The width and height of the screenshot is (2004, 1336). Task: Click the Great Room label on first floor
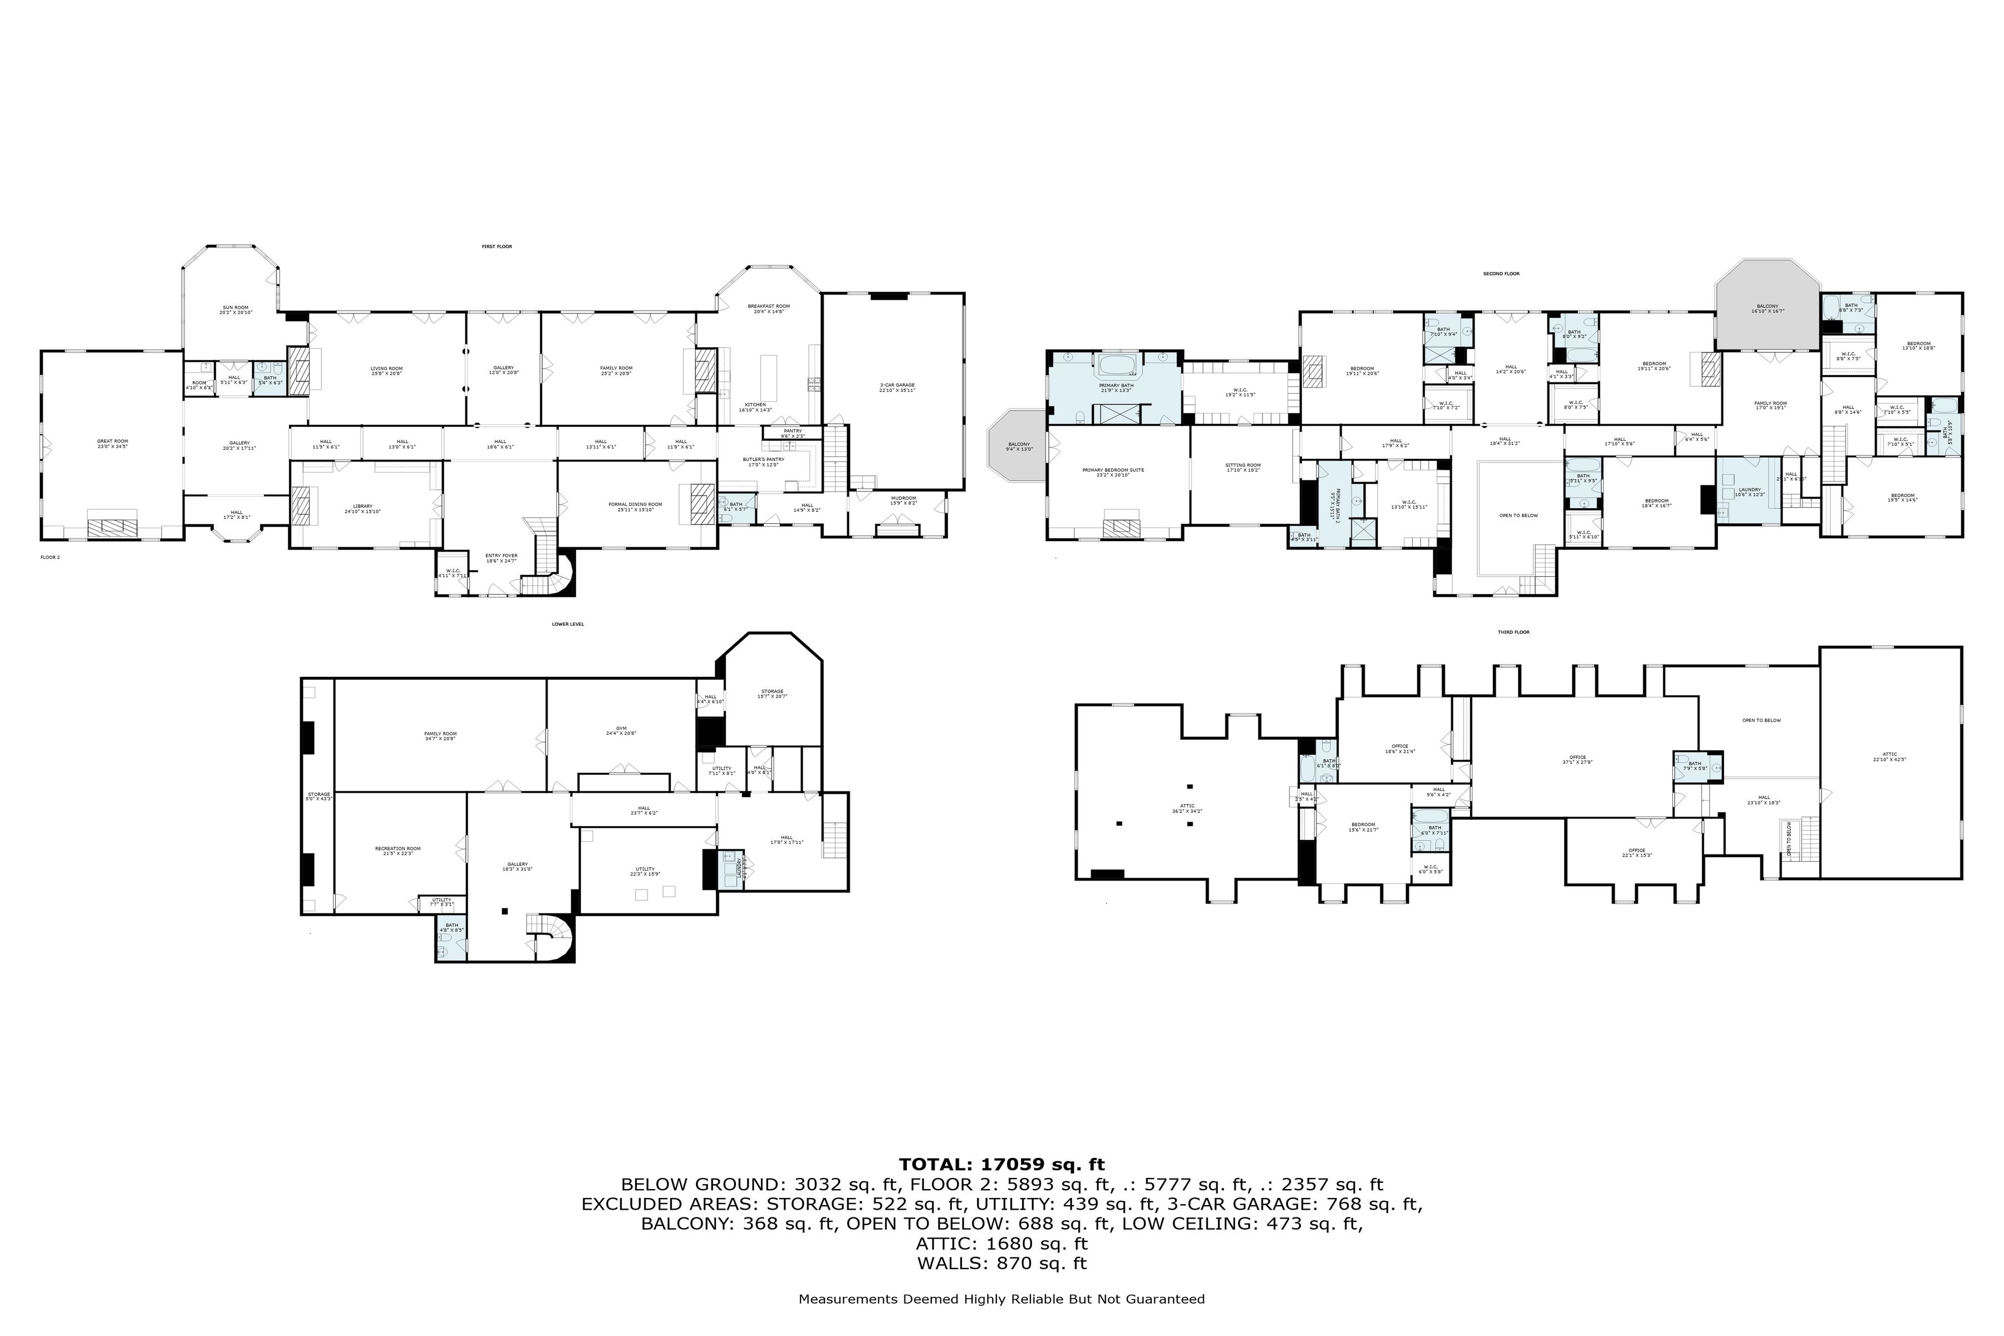(112, 443)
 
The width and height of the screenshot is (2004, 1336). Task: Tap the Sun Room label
(235, 310)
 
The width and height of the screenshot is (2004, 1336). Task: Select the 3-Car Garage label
(897, 387)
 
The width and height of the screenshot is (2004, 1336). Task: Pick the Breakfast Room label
(769, 308)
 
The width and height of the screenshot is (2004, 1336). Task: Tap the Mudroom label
(903, 500)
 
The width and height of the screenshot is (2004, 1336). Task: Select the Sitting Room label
(1243, 468)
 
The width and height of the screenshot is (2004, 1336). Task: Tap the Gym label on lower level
(621, 730)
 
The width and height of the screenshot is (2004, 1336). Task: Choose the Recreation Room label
(398, 851)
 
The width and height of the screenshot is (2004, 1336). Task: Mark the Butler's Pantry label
(763, 461)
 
